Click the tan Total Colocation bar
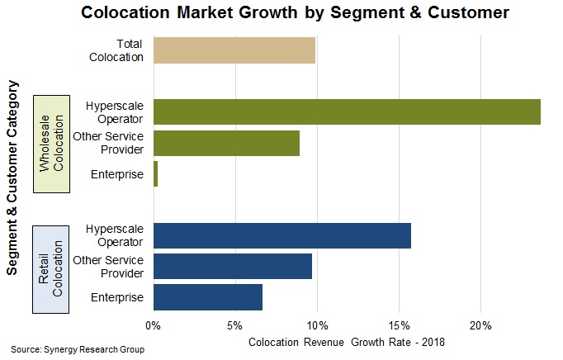click(234, 50)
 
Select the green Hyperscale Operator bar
click(347, 111)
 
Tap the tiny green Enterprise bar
click(155, 174)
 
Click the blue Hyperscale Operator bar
click(281, 235)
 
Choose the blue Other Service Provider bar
click(232, 266)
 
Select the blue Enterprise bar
click(208, 296)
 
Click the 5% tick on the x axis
click(236, 324)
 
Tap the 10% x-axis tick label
click(318, 324)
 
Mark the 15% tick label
click(400, 324)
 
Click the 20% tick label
click(481, 324)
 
